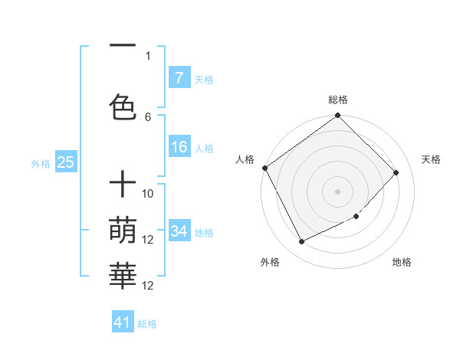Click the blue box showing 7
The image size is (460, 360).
(x=179, y=78)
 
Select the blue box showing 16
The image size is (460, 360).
(x=179, y=147)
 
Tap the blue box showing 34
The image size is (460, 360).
(x=179, y=231)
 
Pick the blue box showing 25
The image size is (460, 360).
(x=66, y=162)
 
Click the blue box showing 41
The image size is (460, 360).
(x=123, y=322)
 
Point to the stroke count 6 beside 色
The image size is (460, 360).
(x=148, y=116)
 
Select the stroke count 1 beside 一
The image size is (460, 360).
(x=148, y=55)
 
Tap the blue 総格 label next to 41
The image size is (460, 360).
(x=147, y=324)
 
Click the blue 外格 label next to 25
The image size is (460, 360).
(x=41, y=163)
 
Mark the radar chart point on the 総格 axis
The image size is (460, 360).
(x=337, y=116)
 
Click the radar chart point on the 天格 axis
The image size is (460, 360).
(x=396, y=172)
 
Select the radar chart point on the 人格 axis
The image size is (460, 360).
(x=265, y=168)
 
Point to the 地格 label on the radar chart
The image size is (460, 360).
(x=402, y=262)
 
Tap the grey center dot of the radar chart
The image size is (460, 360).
(x=337, y=191)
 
